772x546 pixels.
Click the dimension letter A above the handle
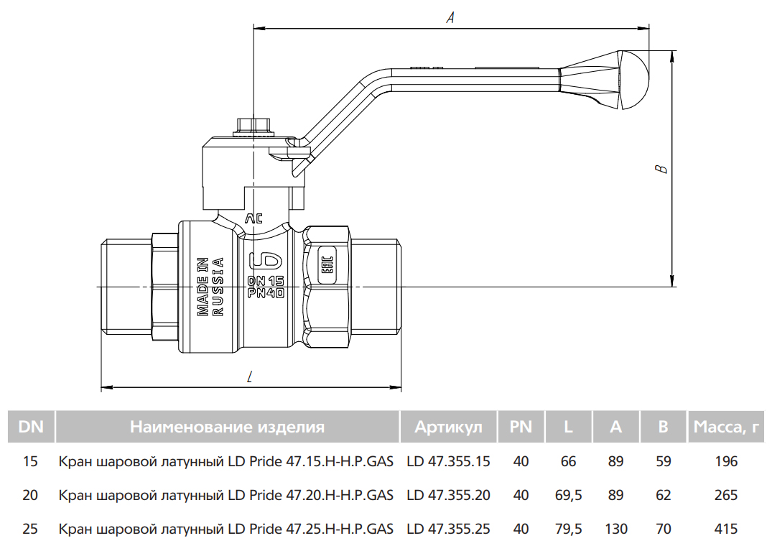click(x=450, y=18)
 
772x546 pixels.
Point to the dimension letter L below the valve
click(x=250, y=378)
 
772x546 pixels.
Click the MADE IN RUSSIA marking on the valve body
click(x=210, y=287)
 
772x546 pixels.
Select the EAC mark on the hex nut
click(x=327, y=265)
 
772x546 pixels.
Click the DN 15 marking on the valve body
click(x=266, y=281)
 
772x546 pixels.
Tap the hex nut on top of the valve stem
click(x=254, y=126)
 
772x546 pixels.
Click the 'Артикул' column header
click(x=449, y=426)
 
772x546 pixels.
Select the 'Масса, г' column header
click(x=726, y=426)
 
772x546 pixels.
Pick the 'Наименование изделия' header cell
click(x=227, y=426)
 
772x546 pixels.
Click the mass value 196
click(x=726, y=461)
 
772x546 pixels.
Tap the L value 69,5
click(x=568, y=495)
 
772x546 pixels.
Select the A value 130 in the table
click(x=616, y=529)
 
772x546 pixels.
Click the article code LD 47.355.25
click(x=449, y=529)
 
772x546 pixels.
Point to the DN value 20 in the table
click(x=30, y=495)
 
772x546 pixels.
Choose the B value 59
click(x=663, y=461)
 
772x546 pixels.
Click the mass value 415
click(x=726, y=529)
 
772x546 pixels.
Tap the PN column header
click(x=521, y=426)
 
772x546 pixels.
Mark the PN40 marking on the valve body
click(x=266, y=293)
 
